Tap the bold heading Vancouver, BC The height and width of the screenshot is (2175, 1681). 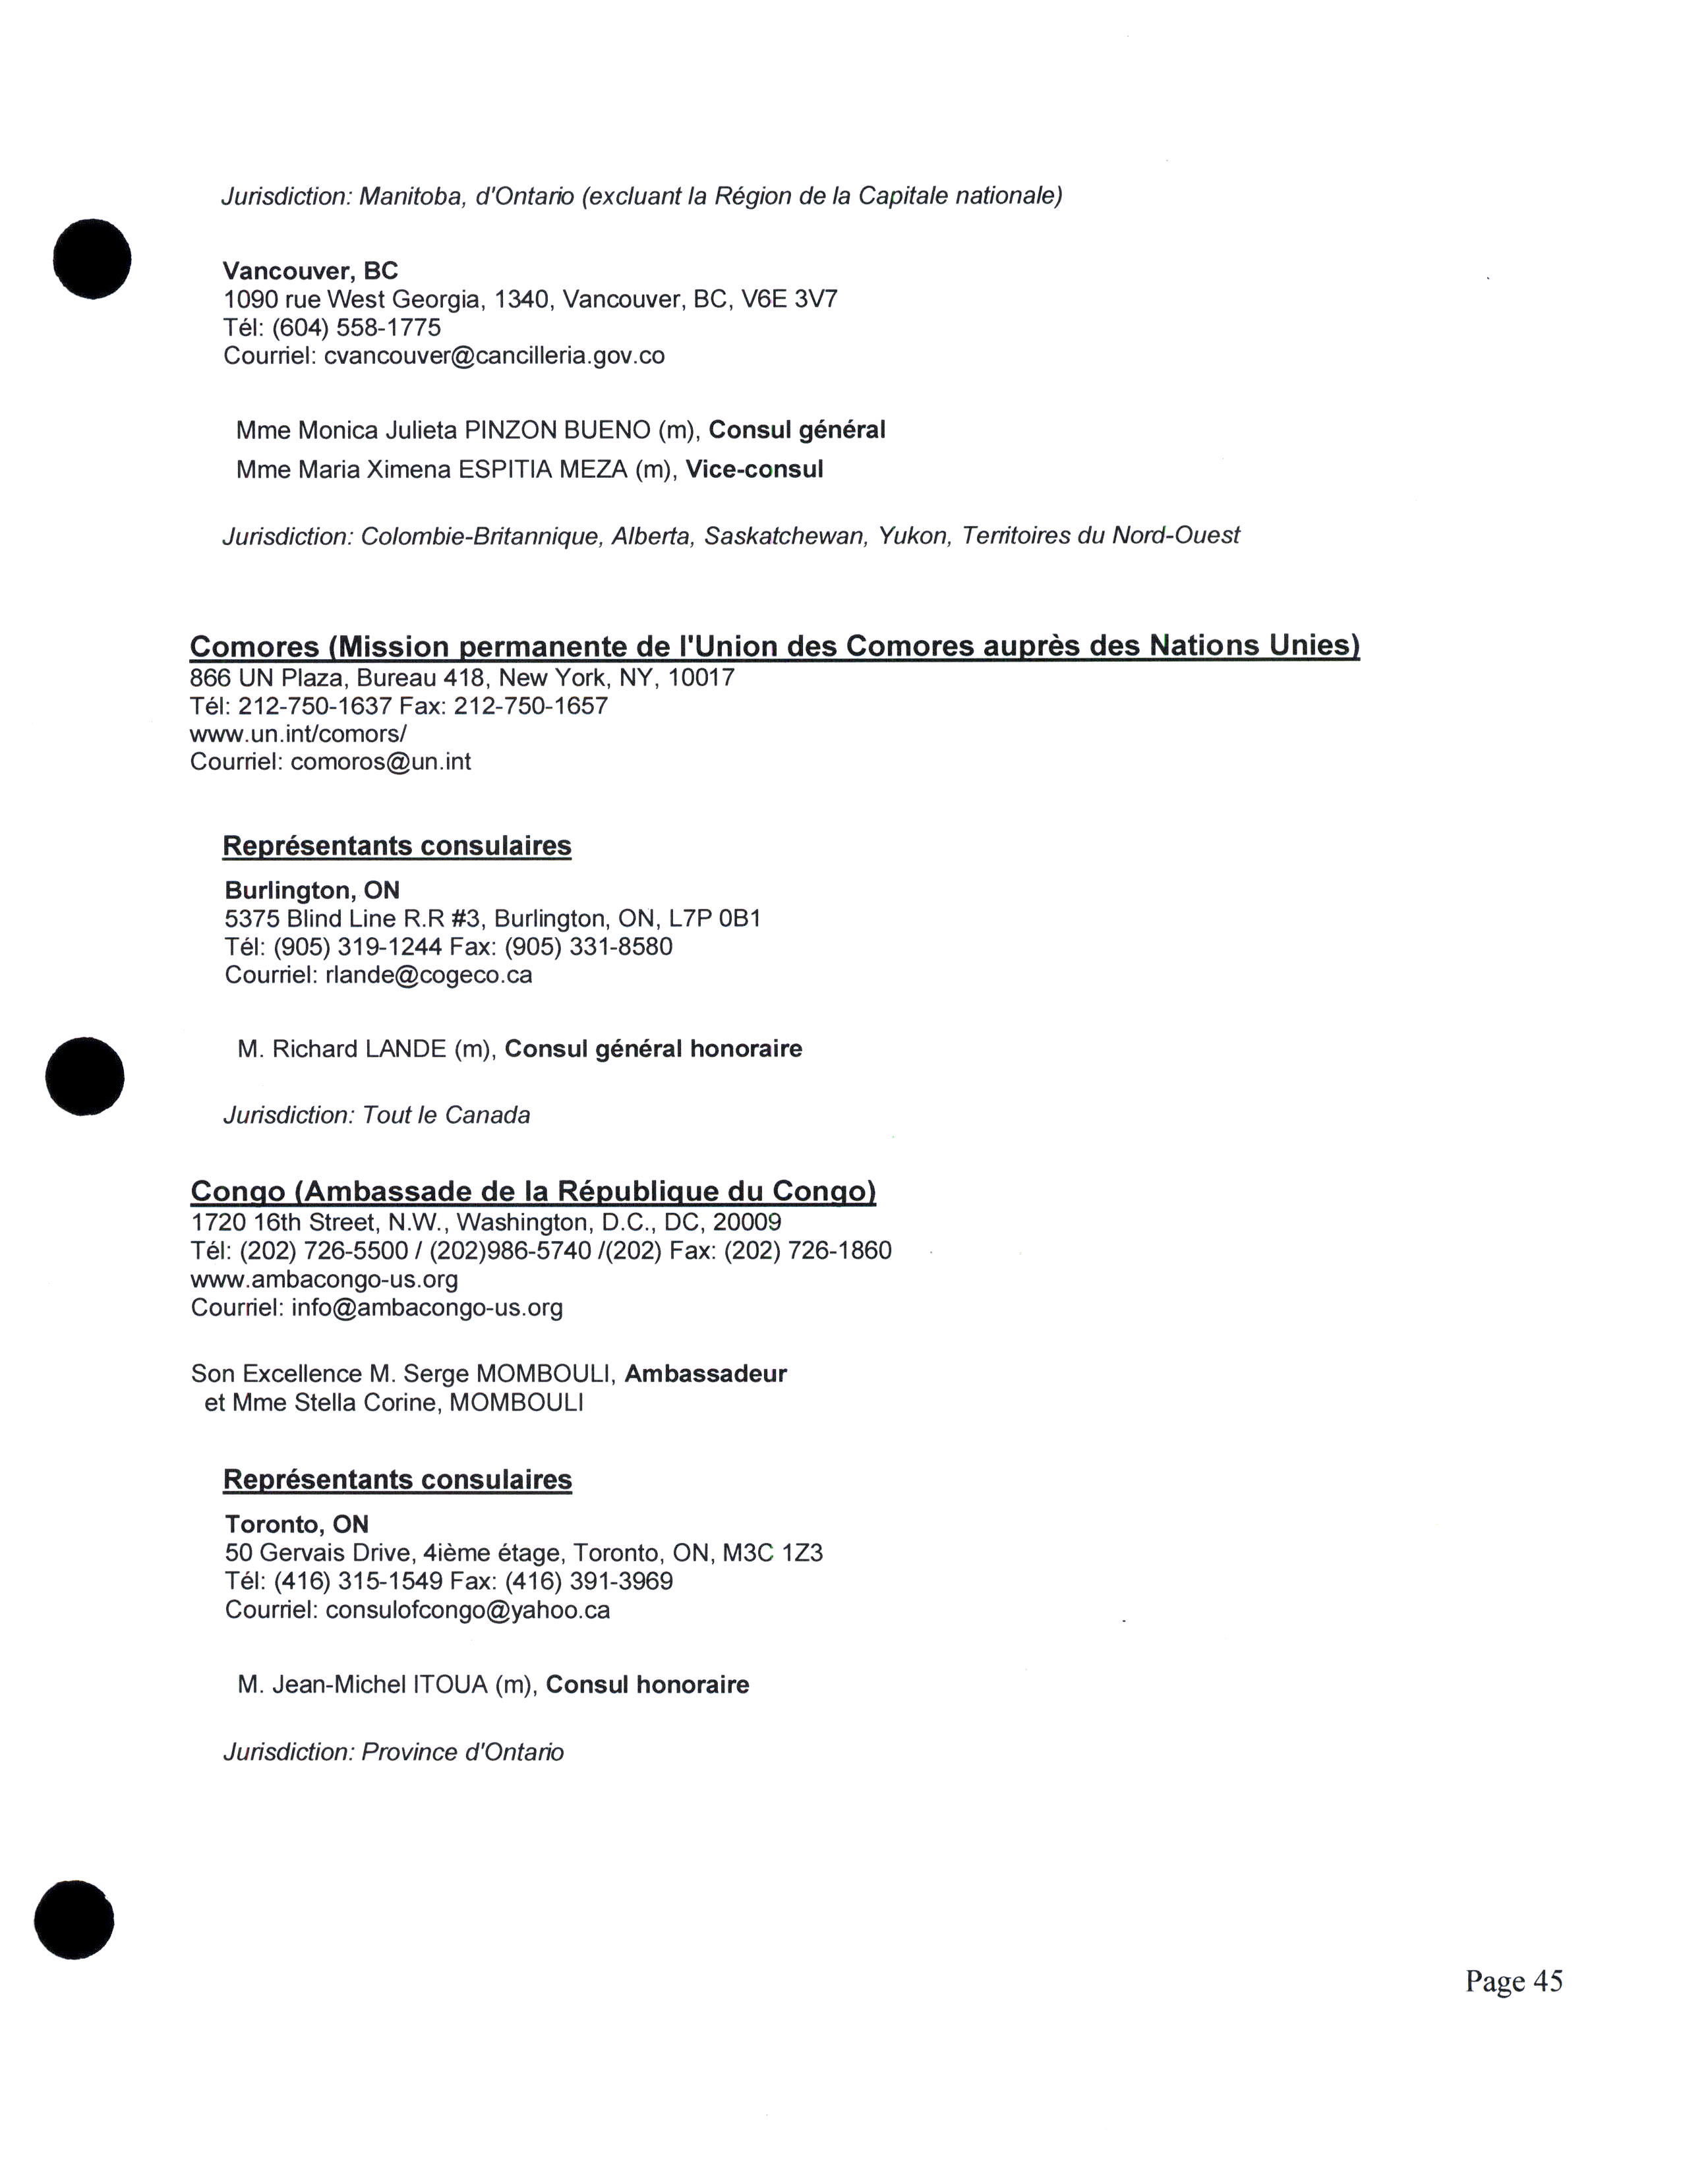pyautogui.click(x=310, y=271)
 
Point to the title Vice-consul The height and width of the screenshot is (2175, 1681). pyautogui.click(x=755, y=469)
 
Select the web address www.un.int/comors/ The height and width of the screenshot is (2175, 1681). pyautogui.click(x=298, y=734)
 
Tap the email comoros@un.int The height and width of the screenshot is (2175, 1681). pyautogui.click(x=380, y=762)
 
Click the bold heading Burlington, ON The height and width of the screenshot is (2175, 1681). pyautogui.click(x=312, y=890)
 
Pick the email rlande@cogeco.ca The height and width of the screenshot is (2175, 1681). pyautogui.click(x=428, y=974)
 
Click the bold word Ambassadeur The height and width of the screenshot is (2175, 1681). pyautogui.click(x=705, y=1374)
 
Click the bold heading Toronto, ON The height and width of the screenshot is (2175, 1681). pyautogui.click(x=297, y=1524)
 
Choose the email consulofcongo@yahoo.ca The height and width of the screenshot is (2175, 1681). pyautogui.click(x=467, y=1609)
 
